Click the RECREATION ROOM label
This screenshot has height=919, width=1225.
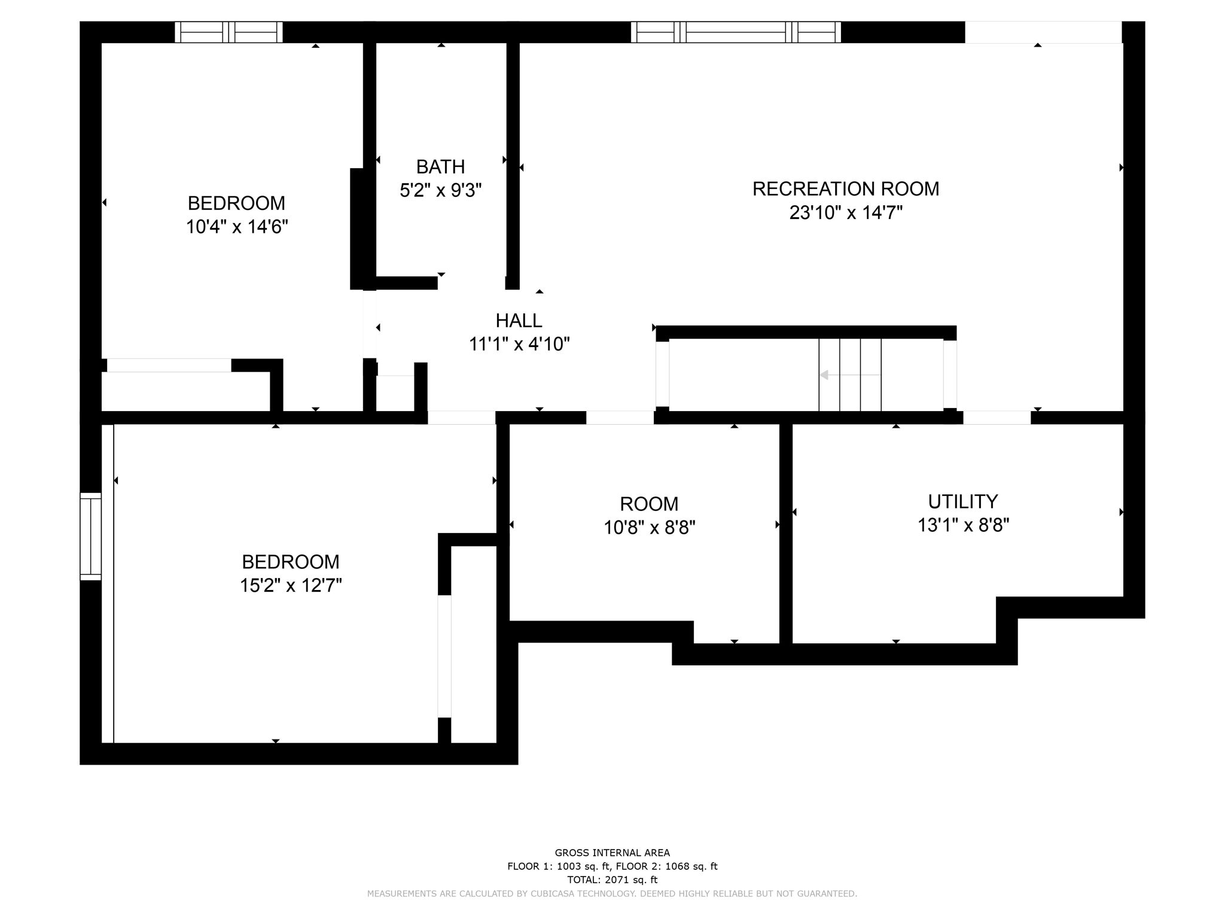tap(845, 188)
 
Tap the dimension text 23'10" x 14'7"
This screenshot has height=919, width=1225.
tap(845, 212)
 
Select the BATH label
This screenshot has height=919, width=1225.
tap(440, 166)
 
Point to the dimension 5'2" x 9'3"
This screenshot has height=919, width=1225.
tap(440, 190)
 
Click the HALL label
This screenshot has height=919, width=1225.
tap(519, 321)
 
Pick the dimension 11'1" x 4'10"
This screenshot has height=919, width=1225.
tap(519, 344)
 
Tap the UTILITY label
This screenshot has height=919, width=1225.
tap(963, 501)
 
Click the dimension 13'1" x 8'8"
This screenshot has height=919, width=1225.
tap(963, 525)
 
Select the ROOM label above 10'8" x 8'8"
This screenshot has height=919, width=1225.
tap(649, 504)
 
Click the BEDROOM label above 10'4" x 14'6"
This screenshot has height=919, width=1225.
tap(236, 203)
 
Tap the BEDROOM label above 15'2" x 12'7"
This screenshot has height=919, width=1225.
tap(290, 562)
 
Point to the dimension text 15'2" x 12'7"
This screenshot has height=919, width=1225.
tap(290, 585)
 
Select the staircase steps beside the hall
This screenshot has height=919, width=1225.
tap(850, 375)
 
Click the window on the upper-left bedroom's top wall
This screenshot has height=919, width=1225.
tap(228, 32)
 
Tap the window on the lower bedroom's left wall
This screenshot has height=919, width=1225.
tap(91, 536)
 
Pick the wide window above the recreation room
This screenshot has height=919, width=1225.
tap(736, 32)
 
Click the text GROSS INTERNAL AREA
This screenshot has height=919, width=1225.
tap(612, 853)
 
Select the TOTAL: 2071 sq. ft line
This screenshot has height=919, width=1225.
tap(612, 880)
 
